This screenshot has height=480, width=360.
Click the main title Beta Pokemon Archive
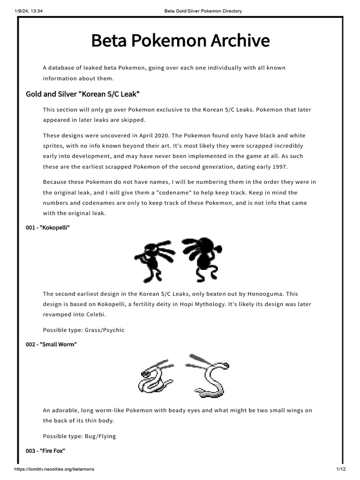pos(180,41)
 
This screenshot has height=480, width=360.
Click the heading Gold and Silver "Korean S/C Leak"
pos(82,94)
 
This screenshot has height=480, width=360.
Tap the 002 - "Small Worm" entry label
pos(51,345)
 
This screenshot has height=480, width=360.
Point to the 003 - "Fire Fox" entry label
pos(45,450)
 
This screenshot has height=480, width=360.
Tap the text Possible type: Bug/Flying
pos(79,436)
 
